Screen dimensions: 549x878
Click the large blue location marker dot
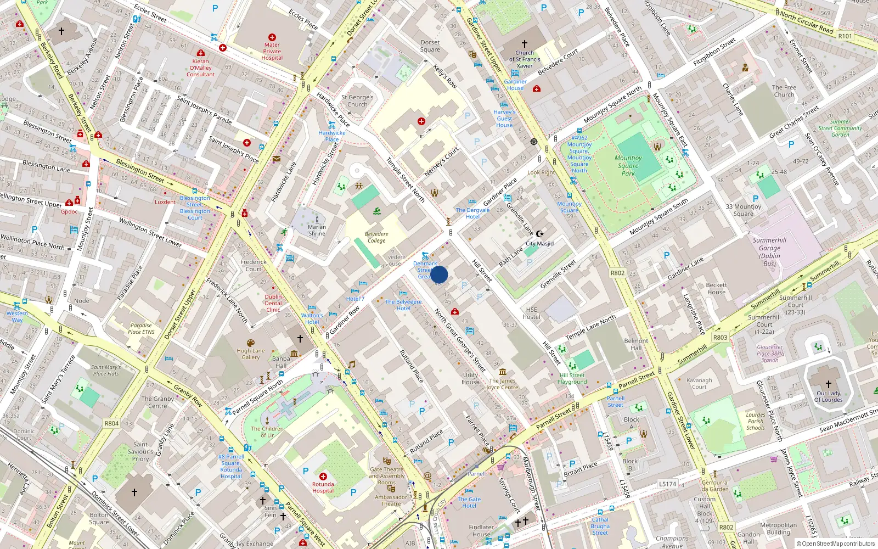[439, 274]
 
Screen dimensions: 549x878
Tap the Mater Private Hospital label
[272, 51]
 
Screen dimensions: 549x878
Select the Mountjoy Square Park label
[628, 165]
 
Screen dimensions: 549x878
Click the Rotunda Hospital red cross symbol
[323, 477]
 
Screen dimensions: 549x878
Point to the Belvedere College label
[376, 237]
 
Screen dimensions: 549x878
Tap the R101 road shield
[845, 36]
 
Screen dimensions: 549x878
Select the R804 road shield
[111, 423]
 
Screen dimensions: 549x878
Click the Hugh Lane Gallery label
[251, 354]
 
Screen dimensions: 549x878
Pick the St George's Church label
[357, 100]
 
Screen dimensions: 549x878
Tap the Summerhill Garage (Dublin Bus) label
[769, 252]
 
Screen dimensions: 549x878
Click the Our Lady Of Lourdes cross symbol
[829, 384]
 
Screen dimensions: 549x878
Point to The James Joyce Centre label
[502, 384]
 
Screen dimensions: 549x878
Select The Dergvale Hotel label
[472, 213]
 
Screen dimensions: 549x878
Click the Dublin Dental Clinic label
[273, 303]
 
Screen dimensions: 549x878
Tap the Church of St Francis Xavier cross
[525, 43]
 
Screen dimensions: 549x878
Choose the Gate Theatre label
[386, 469]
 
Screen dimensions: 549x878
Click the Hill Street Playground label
[572, 378]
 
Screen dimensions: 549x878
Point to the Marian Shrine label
[317, 230]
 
